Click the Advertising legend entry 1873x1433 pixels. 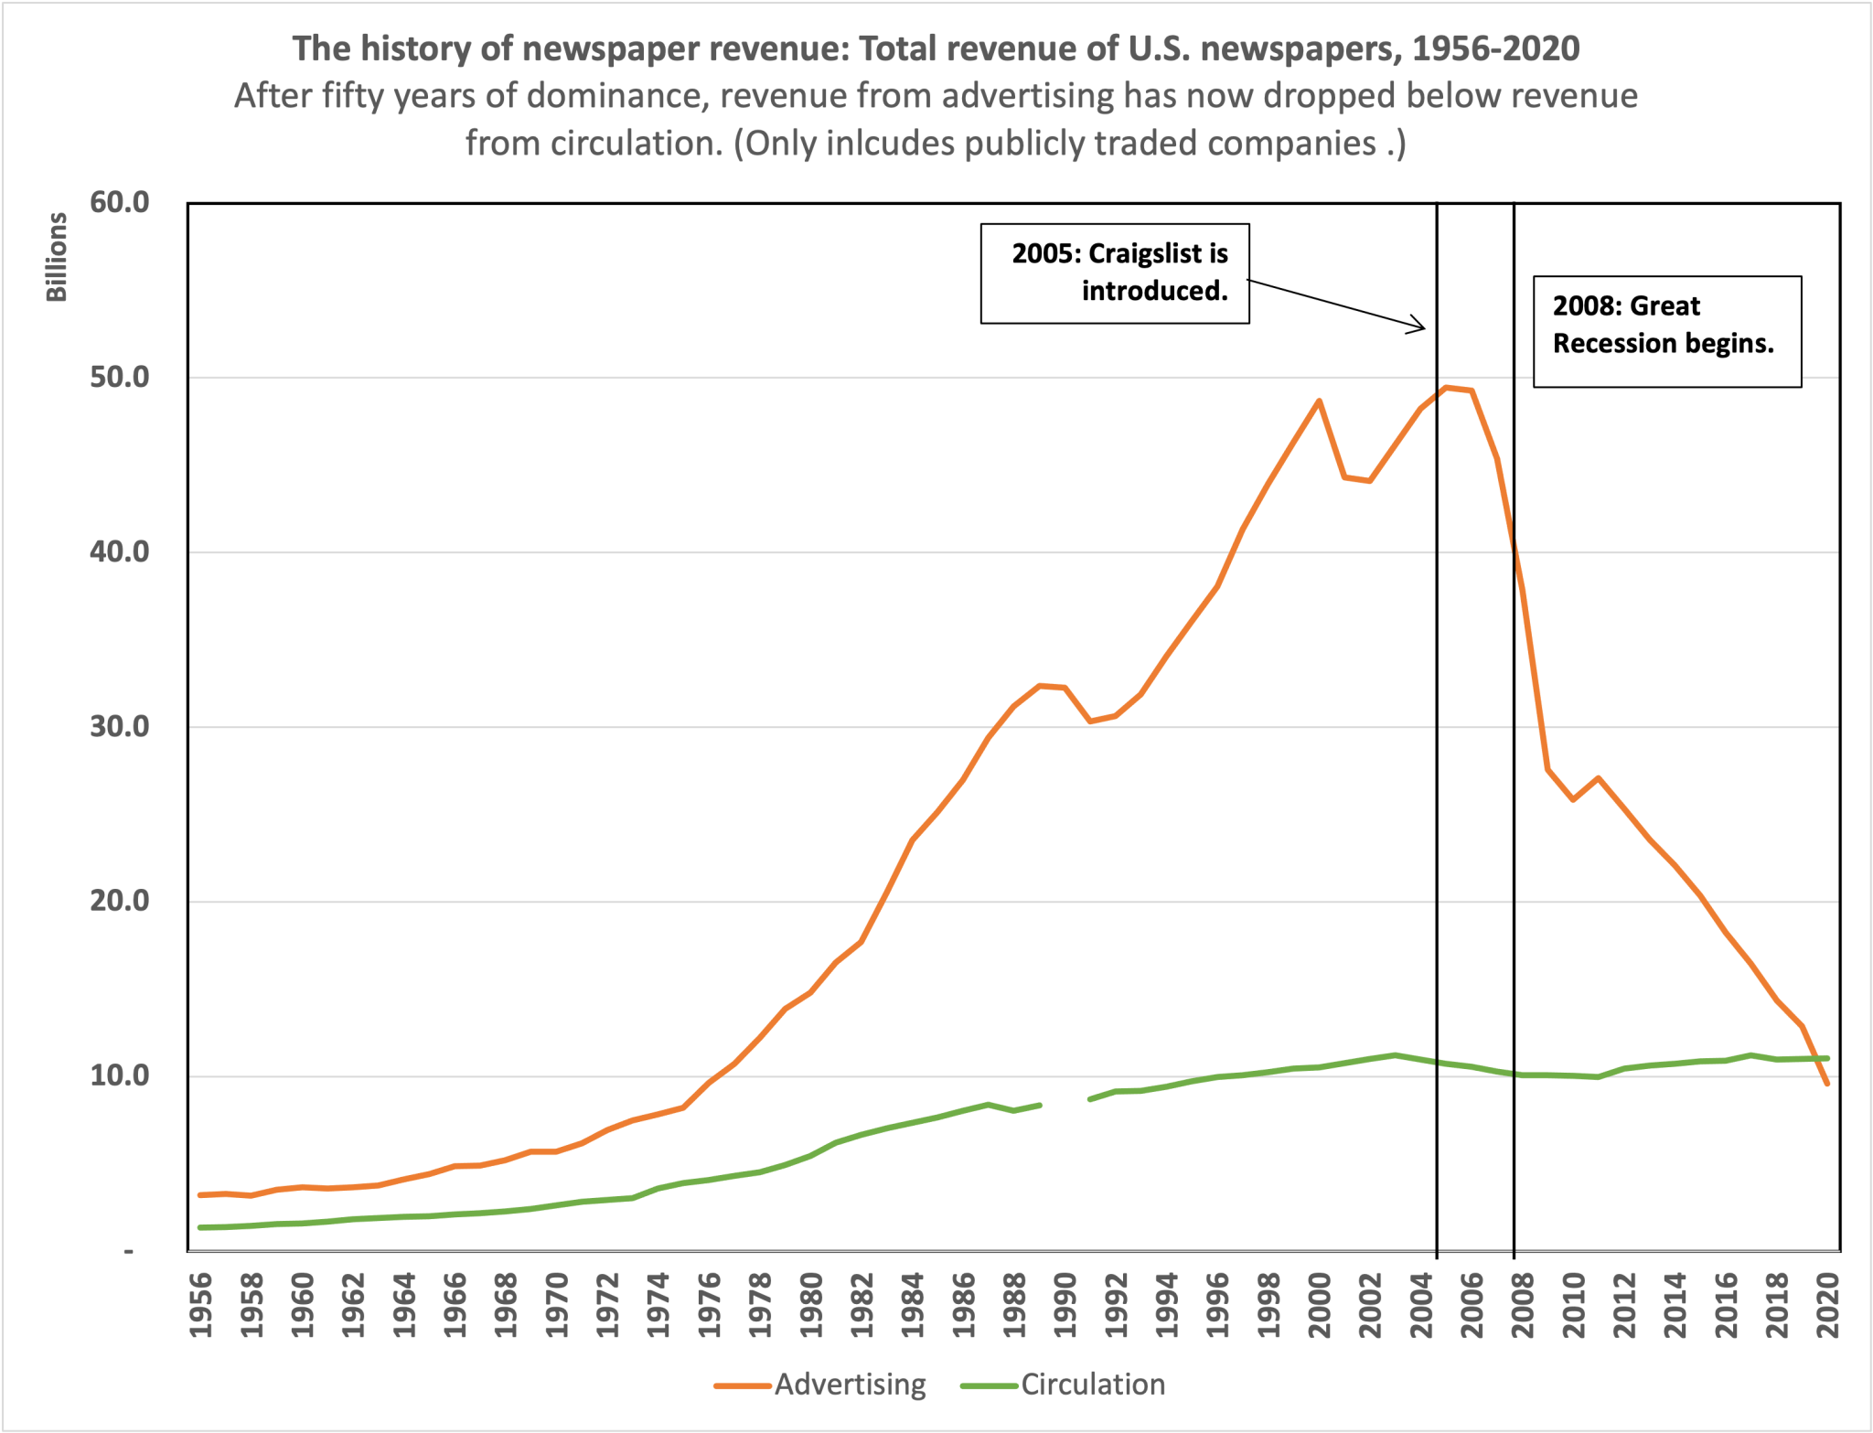point(820,1385)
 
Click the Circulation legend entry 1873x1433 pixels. point(1063,1385)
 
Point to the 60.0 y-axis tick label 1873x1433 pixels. point(120,202)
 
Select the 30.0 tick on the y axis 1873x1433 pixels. point(120,726)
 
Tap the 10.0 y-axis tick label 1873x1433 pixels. point(120,1075)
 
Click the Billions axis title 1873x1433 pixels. point(57,257)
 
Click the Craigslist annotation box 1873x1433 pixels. point(1115,273)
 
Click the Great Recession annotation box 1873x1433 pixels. point(1666,331)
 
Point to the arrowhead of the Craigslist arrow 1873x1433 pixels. point(1422,327)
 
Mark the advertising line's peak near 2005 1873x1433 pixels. point(1447,388)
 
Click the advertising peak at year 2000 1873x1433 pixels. point(1319,401)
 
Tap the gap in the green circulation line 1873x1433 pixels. point(1065,1102)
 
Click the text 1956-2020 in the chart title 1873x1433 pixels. point(1495,48)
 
